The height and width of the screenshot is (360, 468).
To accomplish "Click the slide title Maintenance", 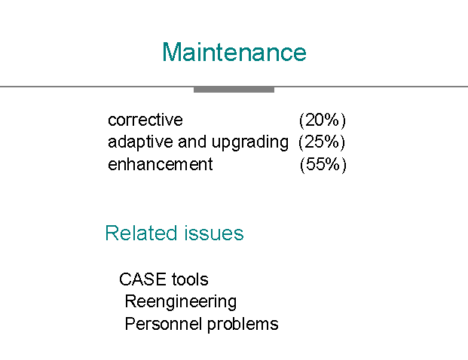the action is pos(234,52).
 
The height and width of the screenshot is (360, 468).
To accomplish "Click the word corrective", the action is pos(145,120).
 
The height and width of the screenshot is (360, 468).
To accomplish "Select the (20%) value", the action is pos(323,121).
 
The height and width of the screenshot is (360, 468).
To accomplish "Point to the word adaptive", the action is pos(140,142).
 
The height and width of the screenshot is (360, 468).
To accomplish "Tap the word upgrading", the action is pos(250,142).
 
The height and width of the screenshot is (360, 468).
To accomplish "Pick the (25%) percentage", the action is pos(322,142).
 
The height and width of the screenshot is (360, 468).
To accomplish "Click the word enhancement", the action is pos(161,164).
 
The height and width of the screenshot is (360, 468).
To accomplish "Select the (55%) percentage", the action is pos(323,165).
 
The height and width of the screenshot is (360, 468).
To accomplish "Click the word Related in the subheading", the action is pos(141,233).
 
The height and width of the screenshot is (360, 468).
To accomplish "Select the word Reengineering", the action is pos(181,302).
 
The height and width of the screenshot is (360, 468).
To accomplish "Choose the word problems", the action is pos(243,324).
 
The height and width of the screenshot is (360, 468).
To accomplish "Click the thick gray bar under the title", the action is pos(234,90).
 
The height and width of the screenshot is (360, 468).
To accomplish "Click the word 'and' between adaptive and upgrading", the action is pos(192,142).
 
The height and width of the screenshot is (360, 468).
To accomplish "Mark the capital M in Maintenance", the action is pos(171,52).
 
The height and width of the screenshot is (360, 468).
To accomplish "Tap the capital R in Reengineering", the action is pos(131,301).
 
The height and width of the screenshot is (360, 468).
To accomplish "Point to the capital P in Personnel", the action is pos(130,324).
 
